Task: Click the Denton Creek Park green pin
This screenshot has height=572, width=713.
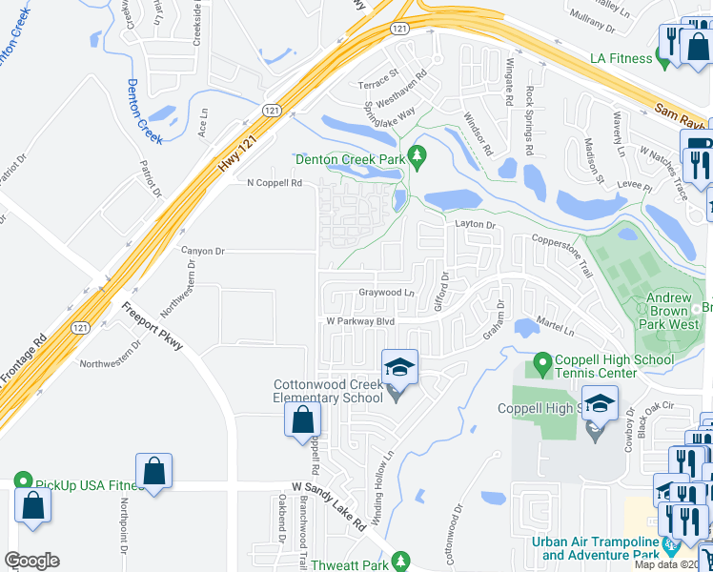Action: coord(416,154)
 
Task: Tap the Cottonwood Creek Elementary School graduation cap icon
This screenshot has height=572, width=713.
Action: coord(399,368)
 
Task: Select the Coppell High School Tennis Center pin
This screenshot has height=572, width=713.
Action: coord(542,363)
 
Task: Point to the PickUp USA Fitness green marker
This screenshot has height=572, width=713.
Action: coord(23,484)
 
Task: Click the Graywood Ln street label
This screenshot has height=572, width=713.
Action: coord(386,293)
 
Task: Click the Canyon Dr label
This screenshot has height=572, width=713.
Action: coord(202,251)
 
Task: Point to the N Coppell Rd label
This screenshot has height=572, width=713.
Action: coord(274,183)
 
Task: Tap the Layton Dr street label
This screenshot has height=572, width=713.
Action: coord(476,225)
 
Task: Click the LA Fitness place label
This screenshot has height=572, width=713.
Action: coord(621,58)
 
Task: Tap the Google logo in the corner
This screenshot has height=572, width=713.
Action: coord(31,561)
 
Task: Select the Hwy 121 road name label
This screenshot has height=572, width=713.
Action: coord(238,153)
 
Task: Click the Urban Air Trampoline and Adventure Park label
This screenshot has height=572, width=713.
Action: coord(596,548)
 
